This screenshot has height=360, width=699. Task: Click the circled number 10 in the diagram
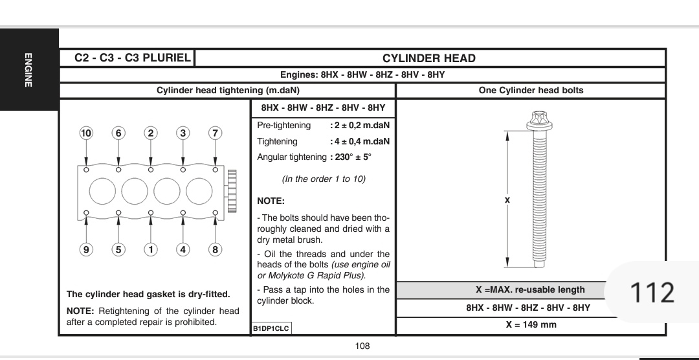pos(86,133)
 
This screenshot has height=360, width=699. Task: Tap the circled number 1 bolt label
pos(151,249)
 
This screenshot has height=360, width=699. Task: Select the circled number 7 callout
pos(215,133)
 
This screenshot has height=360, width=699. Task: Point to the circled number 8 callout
pos(215,249)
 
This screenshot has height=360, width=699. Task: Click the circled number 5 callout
pos(118,249)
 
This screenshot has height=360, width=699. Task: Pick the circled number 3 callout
pos(183,133)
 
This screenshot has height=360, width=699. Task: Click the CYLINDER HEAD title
pos(429,58)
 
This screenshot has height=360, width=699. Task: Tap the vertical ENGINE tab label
pos(28,70)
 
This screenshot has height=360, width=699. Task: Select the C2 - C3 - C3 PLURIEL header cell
pos(133,58)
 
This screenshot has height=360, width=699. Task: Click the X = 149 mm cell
pos(531,325)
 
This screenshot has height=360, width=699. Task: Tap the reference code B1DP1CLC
pos(271,329)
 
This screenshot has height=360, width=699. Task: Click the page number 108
pos(362,346)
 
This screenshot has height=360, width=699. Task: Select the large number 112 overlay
pos(652,293)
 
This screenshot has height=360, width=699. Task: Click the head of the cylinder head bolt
pos(539,120)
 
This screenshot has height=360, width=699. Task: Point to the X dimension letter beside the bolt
pos(507,200)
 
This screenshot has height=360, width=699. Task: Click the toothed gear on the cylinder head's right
pos(232,191)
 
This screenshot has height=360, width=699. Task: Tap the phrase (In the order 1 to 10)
pos(324,179)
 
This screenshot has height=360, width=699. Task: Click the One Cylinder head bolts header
pos(531,90)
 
